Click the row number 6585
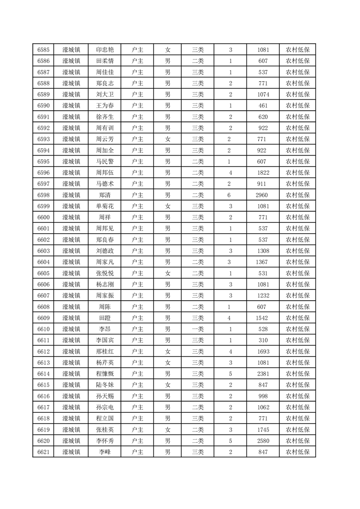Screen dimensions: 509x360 [44, 50]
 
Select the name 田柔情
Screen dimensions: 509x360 [105, 61]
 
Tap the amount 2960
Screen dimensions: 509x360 [263, 195]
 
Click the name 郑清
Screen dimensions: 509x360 [105, 195]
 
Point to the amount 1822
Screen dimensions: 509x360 [263, 173]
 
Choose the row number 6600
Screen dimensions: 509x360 [44, 217]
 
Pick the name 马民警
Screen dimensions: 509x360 [105, 162]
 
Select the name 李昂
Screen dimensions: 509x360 [105, 329]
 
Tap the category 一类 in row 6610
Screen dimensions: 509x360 [197, 329]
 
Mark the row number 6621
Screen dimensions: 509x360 [44, 452]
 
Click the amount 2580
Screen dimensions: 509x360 [263, 440]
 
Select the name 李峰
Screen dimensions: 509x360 [105, 452]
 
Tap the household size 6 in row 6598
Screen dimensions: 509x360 [230, 195]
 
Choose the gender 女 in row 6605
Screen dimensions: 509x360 [168, 273]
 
